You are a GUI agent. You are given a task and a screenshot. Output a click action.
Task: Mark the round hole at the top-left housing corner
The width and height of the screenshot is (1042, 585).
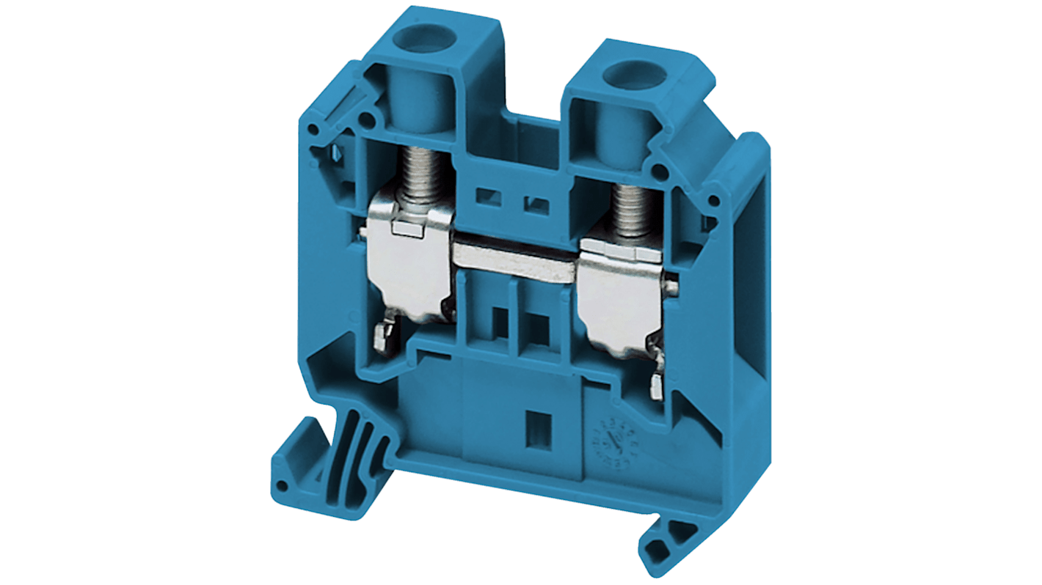[x=313, y=130]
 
